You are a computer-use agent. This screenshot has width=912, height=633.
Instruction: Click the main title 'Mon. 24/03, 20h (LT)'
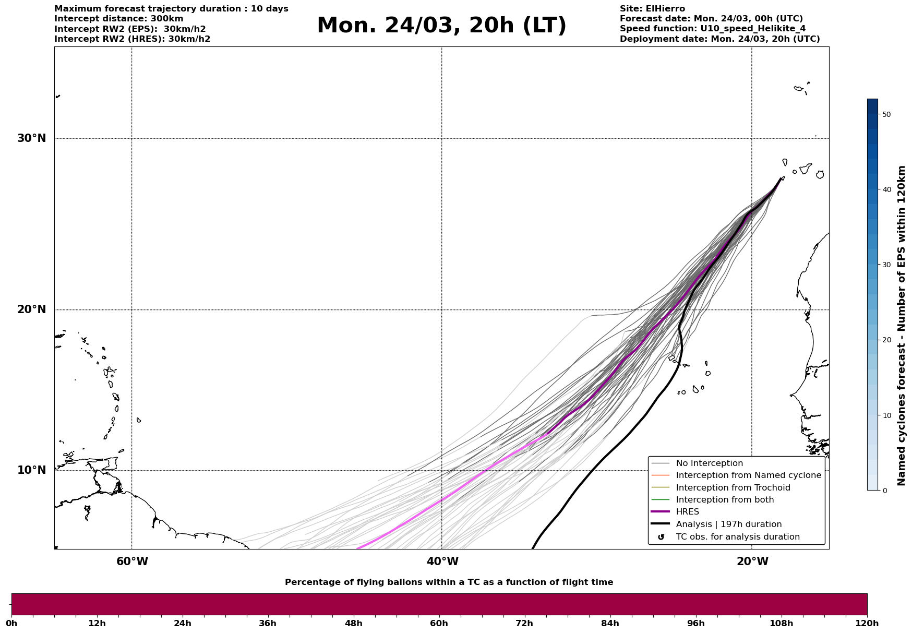(441, 26)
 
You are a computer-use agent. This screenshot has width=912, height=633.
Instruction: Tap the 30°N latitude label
(32, 138)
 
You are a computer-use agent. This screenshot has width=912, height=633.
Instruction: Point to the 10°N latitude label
(32, 470)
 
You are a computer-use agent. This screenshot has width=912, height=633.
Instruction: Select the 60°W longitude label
(132, 562)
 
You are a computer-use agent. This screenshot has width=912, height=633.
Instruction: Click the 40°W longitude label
(442, 562)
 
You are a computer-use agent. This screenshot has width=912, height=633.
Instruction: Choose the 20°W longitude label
(752, 562)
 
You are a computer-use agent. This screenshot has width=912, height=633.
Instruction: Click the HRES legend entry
(687, 512)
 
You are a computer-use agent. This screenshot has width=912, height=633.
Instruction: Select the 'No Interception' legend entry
(709, 463)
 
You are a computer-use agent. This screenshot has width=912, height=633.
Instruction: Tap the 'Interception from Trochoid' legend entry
(733, 488)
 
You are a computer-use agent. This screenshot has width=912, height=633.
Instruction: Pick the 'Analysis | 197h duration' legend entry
(728, 524)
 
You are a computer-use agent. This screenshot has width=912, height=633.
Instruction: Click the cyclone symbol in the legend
(661, 537)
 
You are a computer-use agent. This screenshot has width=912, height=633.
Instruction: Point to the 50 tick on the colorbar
(886, 114)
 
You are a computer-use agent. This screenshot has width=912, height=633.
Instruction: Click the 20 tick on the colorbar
(886, 340)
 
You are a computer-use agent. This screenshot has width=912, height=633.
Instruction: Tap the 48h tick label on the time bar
(353, 623)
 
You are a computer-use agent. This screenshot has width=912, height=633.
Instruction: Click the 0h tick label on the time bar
(11, 623)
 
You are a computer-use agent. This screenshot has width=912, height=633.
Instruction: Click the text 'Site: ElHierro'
(652, 9)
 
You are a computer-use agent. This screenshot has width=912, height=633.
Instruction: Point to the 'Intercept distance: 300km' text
(118, 19)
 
